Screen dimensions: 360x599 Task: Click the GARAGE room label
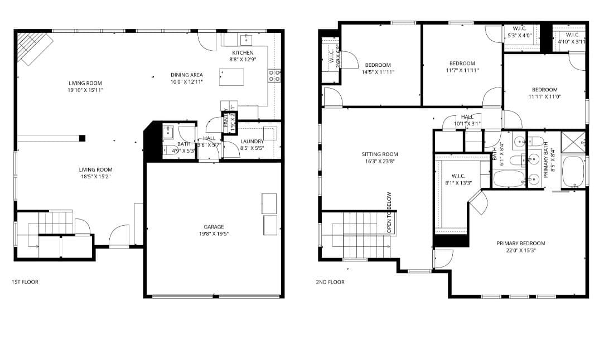214,227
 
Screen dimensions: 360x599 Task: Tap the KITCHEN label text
243,53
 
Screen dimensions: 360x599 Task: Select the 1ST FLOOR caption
25,282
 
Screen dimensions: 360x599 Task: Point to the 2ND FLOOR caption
330,282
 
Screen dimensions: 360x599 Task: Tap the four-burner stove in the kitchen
274,76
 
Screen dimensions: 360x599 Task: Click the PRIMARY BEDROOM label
521,244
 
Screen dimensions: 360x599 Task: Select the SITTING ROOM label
380,154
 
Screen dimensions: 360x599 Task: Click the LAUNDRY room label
252,142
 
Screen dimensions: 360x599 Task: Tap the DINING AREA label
186,75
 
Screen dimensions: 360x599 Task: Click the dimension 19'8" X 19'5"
214,234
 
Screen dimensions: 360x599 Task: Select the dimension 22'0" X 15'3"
521,251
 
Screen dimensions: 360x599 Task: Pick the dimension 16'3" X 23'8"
380,162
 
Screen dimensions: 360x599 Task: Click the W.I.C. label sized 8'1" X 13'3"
458,176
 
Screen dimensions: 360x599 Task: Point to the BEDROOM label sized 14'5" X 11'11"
378,65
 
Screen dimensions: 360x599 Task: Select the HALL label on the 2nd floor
467,117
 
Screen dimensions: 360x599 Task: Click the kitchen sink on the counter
246,39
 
